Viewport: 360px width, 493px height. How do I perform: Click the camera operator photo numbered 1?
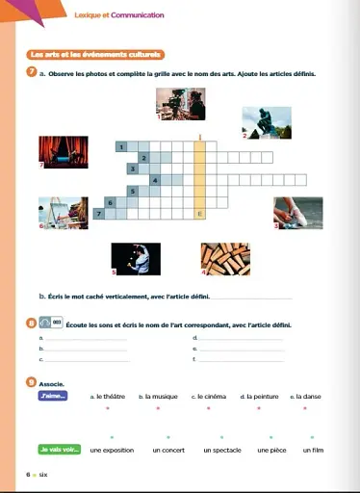(179, 107)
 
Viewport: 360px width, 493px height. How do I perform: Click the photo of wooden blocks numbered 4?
(225, 256)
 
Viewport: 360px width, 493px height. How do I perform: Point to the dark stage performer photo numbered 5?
(137, 256)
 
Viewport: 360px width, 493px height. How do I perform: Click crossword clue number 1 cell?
(122, 145)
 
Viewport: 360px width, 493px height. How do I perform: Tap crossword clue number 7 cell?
(99, 212)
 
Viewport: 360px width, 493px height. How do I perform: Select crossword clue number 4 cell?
(155, 179)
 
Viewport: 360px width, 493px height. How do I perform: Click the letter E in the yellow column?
(199, 213)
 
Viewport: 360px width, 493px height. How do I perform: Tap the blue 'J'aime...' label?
(51, 395)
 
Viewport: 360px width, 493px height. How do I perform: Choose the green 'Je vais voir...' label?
(57, 449)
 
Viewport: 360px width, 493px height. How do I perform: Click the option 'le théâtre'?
(108, 396)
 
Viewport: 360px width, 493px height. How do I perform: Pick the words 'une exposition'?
(113, 450)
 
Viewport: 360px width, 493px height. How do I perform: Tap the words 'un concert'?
(169, 450)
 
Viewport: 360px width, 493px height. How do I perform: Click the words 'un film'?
(314, 450)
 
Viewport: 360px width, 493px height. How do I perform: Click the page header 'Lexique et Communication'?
(119, 15)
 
